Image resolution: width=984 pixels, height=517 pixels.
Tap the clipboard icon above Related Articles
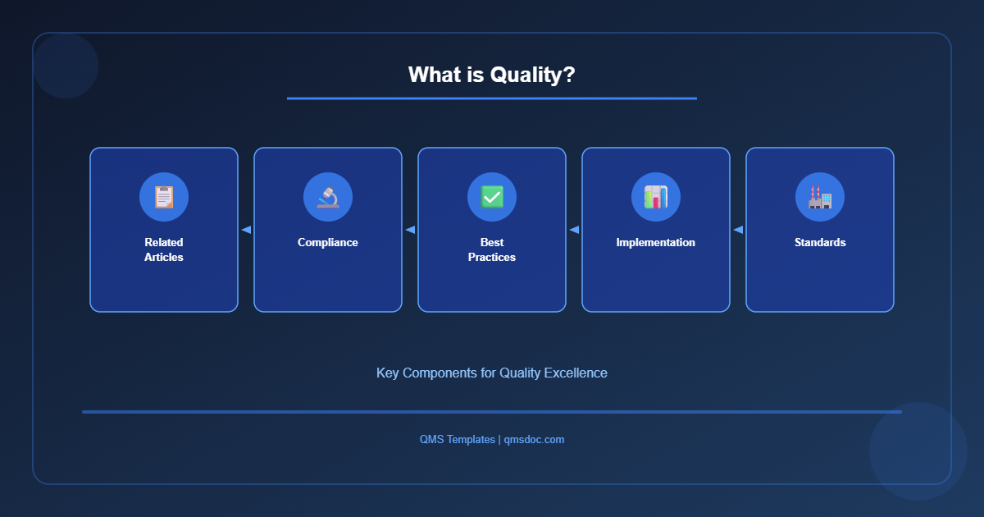pos(164,197)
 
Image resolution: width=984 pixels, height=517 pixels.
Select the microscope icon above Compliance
pos(328,197)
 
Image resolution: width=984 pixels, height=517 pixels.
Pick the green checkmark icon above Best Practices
pos(492,197)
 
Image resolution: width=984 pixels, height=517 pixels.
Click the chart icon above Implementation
pos(656,197)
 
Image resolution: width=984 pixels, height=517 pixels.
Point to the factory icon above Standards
pos(820,197)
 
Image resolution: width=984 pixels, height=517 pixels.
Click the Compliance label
pos(328,242)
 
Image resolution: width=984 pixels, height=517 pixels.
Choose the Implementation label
pos(656,242)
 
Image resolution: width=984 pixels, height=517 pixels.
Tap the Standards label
pos(820,242)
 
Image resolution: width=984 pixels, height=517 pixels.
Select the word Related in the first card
pos(164,242)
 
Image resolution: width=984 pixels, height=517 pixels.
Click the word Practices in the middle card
pos(492,257)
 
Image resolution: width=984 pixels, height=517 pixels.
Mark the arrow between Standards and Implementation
pos(738,230)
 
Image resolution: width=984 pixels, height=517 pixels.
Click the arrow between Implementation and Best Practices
pos(574,230)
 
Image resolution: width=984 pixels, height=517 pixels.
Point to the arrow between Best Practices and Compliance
pos(410,230)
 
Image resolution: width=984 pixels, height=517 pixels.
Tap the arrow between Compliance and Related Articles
pos(246,230)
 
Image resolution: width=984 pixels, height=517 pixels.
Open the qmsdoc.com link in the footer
pos(534,439)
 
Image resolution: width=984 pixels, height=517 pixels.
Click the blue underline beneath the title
pos(492,98)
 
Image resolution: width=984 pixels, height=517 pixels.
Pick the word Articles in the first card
pos(164,257)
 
